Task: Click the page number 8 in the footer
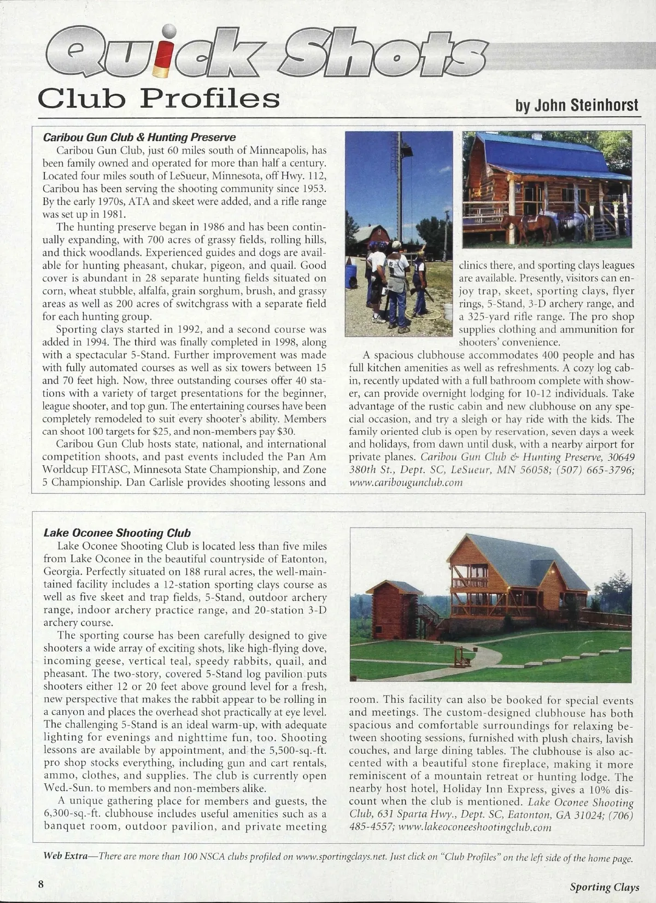[41, 884]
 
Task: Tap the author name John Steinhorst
[577, 105]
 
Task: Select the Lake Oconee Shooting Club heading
[117, 533]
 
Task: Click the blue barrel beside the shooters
[350, 276]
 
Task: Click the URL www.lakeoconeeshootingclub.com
[475, 827]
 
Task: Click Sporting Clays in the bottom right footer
[605, 887]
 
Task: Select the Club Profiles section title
[159, 99]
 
